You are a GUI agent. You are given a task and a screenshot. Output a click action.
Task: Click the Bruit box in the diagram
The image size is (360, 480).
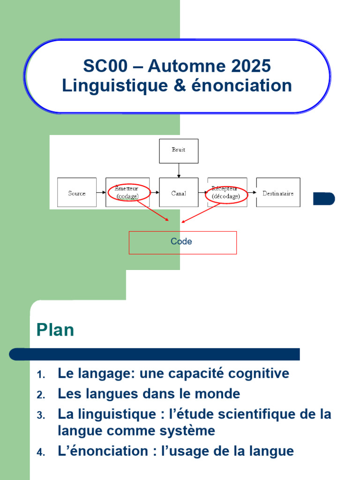(x=179, y=150)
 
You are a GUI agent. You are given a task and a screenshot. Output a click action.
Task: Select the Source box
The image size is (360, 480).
(x=77, y=193)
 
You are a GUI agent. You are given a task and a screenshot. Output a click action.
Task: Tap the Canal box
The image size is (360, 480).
(x=179, y=193)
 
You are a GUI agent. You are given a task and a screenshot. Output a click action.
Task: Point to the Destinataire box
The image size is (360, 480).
(x=278, y=193)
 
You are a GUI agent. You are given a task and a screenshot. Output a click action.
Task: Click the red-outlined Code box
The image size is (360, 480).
(x=182, y=242)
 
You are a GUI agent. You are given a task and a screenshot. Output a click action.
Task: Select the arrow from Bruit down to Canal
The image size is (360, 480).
(x=179, y=170)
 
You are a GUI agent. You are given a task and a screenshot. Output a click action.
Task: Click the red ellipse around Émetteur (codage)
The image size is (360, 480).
(x=128, y=193)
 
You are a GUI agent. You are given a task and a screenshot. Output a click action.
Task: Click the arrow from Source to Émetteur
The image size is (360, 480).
(x=101, y=193)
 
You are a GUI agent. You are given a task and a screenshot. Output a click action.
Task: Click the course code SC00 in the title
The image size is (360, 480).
(x=105, y=66)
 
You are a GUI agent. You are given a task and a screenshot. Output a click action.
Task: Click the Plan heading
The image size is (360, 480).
(x=55, y=330)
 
